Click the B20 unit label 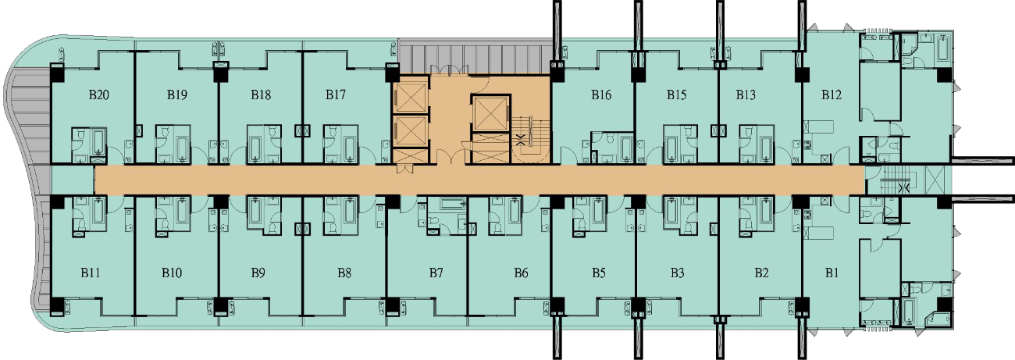point(99,94)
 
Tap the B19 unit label point(176,94)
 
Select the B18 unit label point(261,94)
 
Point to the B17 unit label point(335,94)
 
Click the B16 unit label point(601,94)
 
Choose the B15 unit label point(676,94)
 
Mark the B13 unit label point(746,94)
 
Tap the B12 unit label point(832,94)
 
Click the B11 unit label point(91,273)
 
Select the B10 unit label point(172,273)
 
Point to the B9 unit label point(258,273)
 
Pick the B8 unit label point(344,273)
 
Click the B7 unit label point(436,273)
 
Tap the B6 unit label point(521,273)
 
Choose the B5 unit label point(599,273)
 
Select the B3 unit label point(678,273)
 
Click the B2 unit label point(762,273)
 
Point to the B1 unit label point(832,273)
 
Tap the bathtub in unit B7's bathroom point(453,203)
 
